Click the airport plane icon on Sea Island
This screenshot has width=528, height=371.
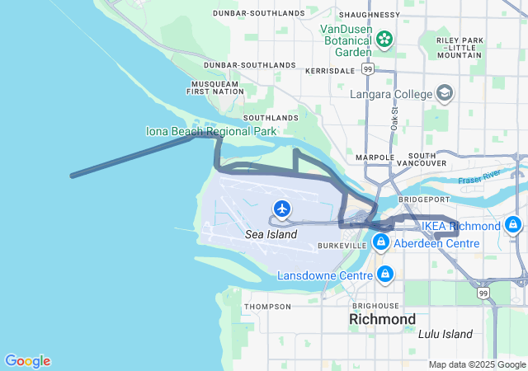283,209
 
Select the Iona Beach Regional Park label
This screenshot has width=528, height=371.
211,131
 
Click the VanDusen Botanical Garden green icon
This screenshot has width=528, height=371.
384,38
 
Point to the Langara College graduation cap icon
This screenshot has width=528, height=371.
445,93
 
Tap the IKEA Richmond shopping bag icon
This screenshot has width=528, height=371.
513,224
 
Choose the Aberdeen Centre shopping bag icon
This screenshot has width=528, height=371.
380,242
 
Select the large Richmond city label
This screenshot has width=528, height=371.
382,318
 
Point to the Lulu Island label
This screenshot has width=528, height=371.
445,334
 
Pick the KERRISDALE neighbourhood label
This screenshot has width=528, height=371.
329,72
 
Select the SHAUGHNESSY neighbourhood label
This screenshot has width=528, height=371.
369,15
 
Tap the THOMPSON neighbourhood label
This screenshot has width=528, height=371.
267,307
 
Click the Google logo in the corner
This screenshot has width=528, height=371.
27,361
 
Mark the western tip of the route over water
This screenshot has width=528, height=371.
73,176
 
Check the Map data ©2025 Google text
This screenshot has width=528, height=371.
476,364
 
